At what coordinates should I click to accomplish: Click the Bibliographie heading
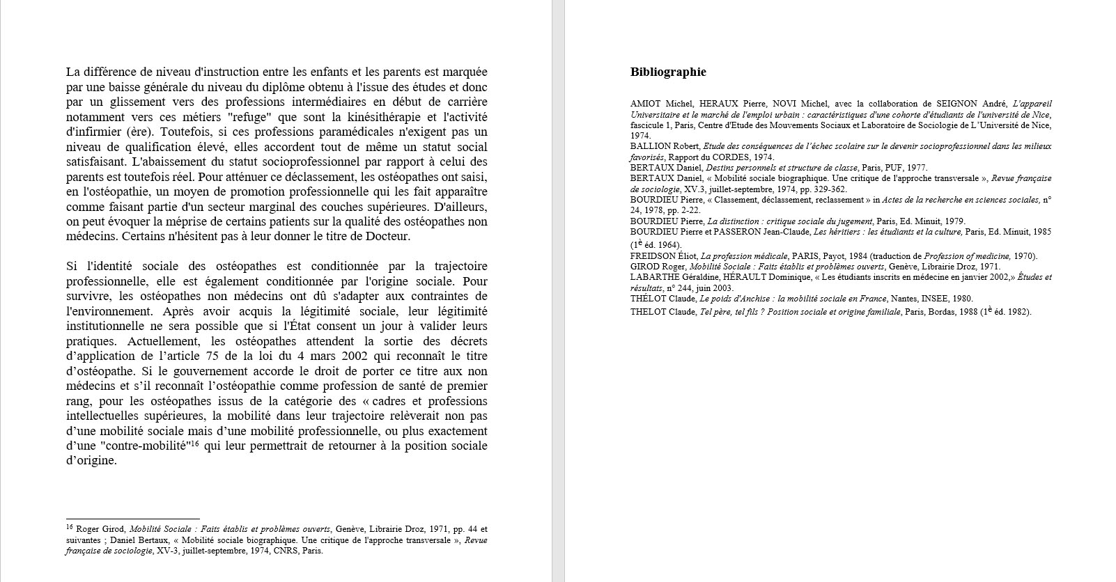pyautogui.click(x=668, y=72)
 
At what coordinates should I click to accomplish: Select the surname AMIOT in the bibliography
pyautogui.click(x=645, y=104)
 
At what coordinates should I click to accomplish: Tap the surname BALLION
pyautogui.click(x=651, y=146)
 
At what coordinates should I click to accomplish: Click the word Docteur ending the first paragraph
pyautogui.click(x=389, y=237)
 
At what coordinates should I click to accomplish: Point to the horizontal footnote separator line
pyautogui.click(x=132, y=519)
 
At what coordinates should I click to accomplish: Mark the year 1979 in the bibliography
pyautogui.click(x=954, y=221)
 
